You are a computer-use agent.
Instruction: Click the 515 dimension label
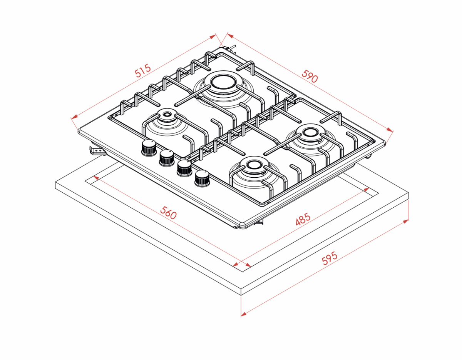[x=142, y=72]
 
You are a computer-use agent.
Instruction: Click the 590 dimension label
[x=310, y=76]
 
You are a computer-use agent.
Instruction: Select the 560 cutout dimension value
[x=168, y=213]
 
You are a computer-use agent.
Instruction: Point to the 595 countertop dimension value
[x=330, y=258]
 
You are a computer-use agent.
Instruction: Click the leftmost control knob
[x=148, y=147]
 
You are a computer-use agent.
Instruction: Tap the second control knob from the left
[x=166, y=157]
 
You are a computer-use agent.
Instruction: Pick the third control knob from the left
[x=184, y=168]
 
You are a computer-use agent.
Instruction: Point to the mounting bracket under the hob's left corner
[x=97, y=151]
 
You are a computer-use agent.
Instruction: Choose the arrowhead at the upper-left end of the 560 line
[x=95, y=177]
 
